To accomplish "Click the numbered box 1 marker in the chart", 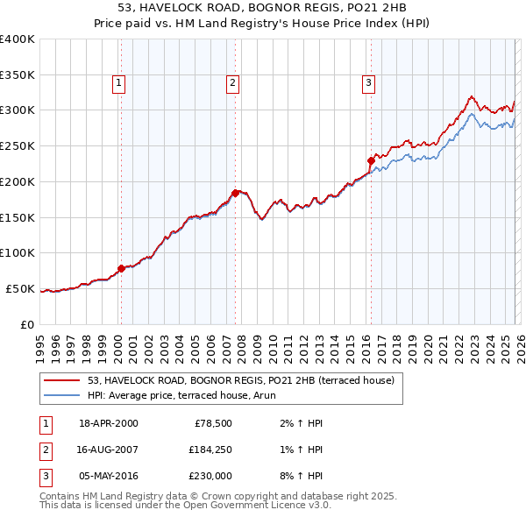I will (x=118, y=83).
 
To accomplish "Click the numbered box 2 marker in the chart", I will (x=232, y=83).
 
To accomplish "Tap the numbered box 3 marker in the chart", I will (x=368, y=83).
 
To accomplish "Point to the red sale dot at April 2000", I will (x=122, y=268).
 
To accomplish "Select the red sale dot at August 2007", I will (x=235, y=193).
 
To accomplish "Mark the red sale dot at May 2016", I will (x=371, y=160).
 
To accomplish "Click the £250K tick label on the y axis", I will (x=18, y=145).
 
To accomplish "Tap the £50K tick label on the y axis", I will (x=20, y=288).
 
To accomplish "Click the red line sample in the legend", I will (x=62, y=380).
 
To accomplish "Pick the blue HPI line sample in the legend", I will (x=62, y=395).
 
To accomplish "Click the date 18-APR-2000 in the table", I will (x=108, y=423).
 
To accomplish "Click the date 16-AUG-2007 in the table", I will (x=108, y=450).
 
